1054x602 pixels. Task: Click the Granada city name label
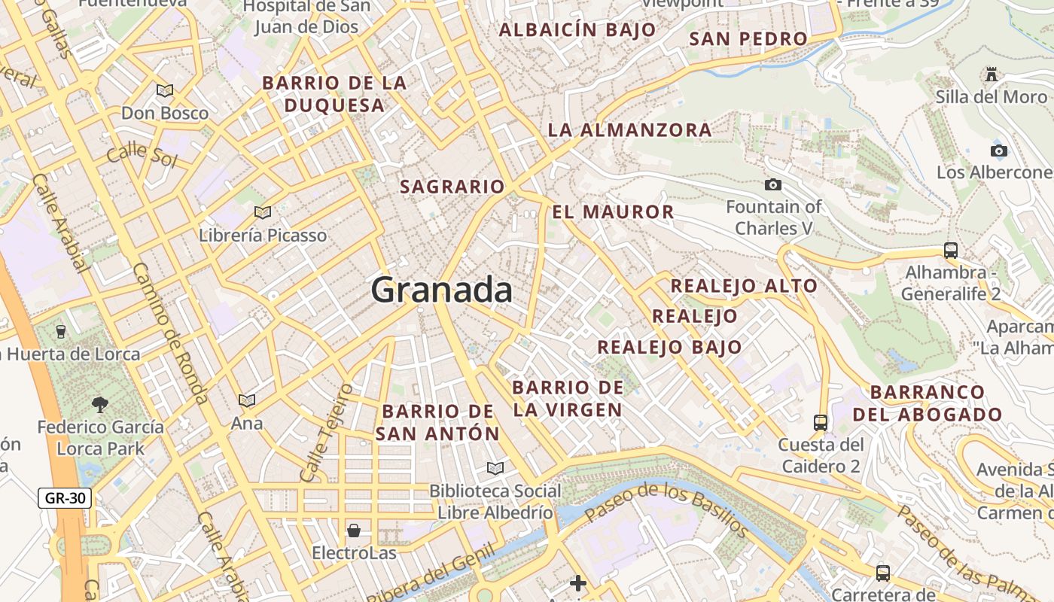point(441,290)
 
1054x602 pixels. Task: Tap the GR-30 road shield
point(65,497)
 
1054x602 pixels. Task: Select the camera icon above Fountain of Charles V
point(772,184)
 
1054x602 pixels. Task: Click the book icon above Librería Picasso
point(262,213)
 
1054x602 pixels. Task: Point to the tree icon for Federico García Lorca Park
point(99,405)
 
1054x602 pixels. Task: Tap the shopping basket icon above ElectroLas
point(353,531)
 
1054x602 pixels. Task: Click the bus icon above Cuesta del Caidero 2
point(821,423)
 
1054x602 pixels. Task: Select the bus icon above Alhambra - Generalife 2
point(950,251)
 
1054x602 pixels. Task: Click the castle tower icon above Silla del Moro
point(991,74)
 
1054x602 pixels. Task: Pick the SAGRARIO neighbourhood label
point(452,187)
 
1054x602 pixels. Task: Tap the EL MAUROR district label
point(613,212)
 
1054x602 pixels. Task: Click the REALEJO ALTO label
point(743,286)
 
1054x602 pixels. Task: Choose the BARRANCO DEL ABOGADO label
point(937,403)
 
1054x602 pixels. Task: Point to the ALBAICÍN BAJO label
point(577,30)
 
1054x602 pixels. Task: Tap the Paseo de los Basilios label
point(666,510)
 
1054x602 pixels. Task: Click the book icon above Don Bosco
point(164,91)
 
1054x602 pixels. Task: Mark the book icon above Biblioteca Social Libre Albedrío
point(495,469)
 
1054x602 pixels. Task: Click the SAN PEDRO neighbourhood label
point(748,39)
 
